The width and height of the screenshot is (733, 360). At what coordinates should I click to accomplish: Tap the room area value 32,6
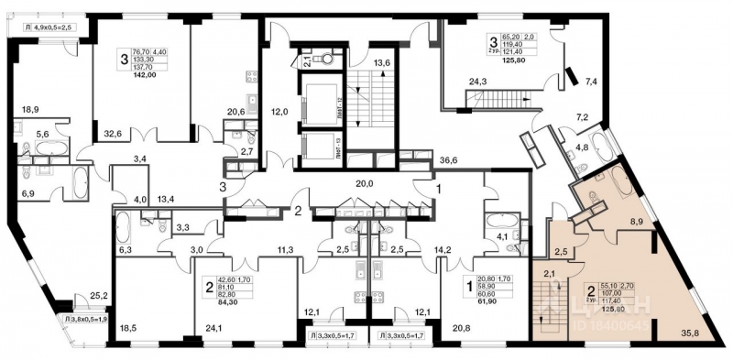click(115, 133)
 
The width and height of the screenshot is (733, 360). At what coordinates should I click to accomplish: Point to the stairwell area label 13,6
click(384, 63)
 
